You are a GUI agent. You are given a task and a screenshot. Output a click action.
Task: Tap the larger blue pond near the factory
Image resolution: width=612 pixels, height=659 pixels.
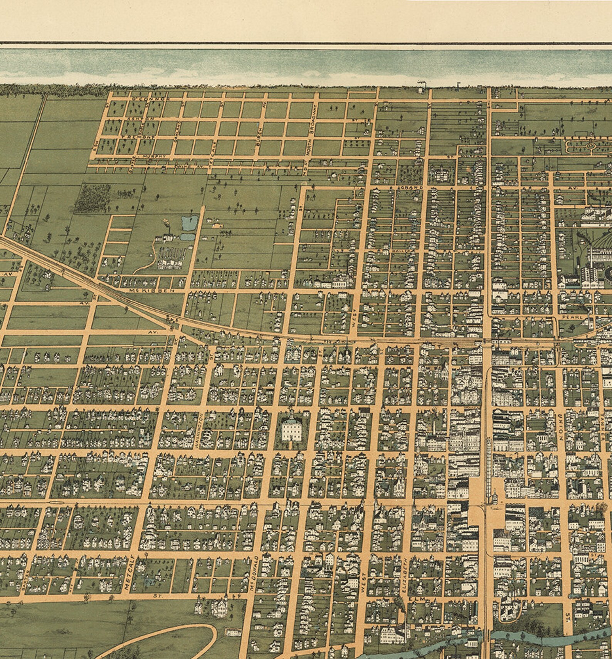pos(189,222)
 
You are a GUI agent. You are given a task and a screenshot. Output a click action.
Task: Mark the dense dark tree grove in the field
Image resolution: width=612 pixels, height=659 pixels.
pos(92,198)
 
